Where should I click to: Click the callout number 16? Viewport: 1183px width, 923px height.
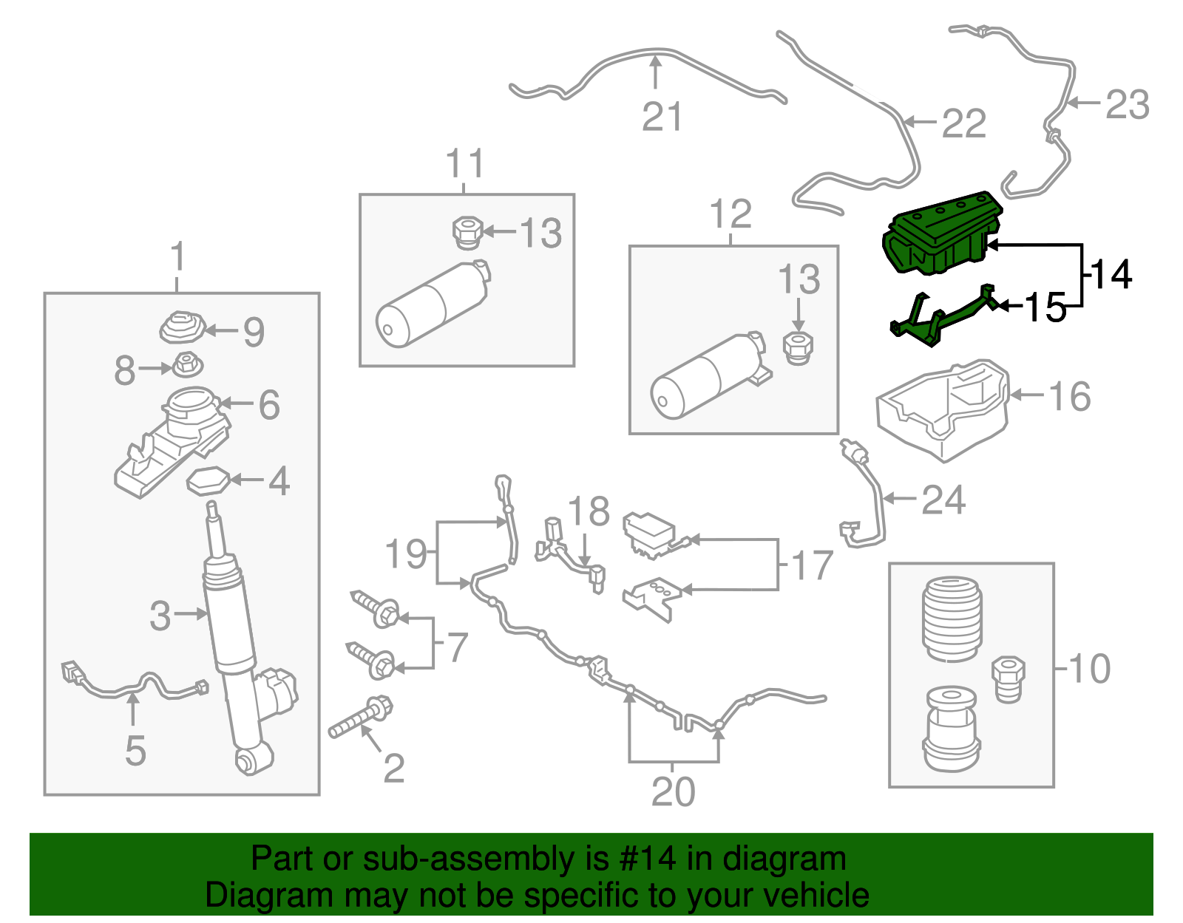(1069, 397)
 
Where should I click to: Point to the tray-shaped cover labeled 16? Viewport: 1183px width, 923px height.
(943, 410)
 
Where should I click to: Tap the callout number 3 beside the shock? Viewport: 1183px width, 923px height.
(160, 616)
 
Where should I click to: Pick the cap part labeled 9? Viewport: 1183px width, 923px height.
(181, 327)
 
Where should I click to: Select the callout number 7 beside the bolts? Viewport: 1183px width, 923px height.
(458, 647)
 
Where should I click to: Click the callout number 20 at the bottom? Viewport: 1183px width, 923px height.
(673, 791)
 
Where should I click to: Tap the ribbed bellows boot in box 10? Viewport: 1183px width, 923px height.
(952, 619)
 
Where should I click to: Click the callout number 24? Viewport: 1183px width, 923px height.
(943, 500)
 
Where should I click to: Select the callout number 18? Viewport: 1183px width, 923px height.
(589, 511)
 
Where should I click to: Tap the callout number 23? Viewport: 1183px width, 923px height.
(1127, 104)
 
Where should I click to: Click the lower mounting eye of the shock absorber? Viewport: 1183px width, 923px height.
(251, 760)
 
